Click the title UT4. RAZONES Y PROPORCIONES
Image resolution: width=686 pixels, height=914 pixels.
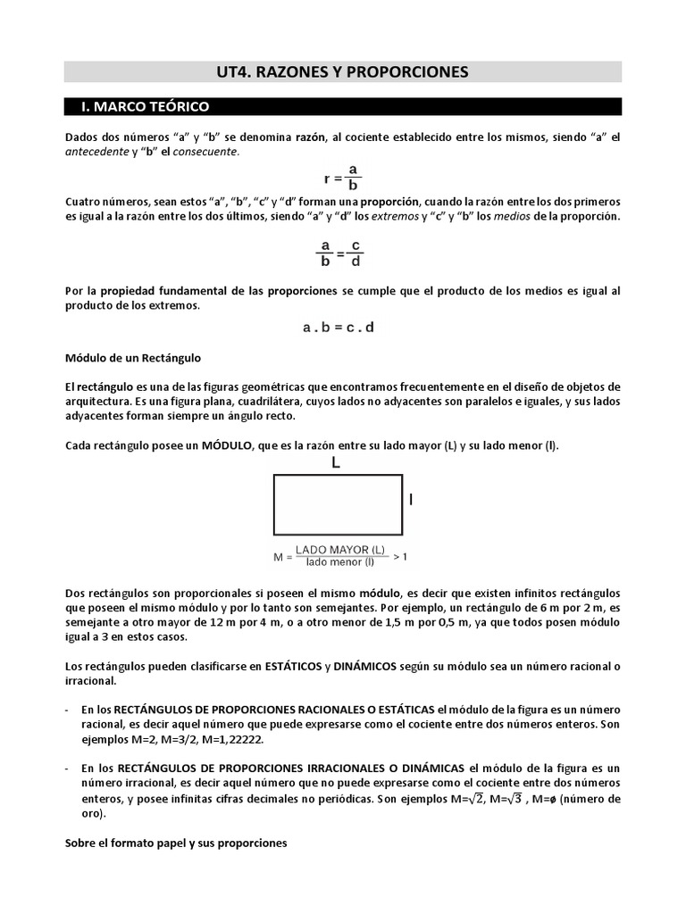pyautogui.click(x=343, y=71)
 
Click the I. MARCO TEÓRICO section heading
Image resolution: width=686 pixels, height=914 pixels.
pyautogui.click(x=145, y=107)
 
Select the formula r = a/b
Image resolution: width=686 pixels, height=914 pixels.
pyautogui.click(x=342, y=177)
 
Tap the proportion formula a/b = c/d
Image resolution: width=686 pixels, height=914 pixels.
pyautogui.click(x=340, y=253)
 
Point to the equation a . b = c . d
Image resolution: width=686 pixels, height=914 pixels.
pyautogui.click(x=339, y=328)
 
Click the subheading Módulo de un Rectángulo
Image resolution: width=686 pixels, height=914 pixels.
pyautogui.click(x=133, y=358)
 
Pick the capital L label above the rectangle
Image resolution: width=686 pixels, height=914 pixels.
pyautogui.click(x=336, y=463)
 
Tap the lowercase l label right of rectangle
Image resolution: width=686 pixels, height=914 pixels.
pyautogui.click(x=411, y=502)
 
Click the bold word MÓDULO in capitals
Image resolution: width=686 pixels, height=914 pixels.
pyautogui.click(x=231, y=445)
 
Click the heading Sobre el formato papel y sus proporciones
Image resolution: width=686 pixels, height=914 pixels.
pyautogui.click(x=176, y=843)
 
